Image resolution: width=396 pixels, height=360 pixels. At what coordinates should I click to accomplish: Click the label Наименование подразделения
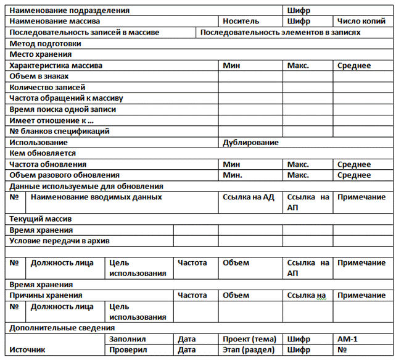[70, 10]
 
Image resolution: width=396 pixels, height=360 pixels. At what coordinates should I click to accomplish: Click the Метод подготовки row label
[45, 43]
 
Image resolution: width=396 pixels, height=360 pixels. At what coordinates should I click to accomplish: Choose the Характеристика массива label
[56, 65]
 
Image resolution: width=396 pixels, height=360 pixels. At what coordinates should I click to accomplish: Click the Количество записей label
[47, 87]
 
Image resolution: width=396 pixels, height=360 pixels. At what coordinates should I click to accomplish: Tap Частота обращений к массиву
[67, 98]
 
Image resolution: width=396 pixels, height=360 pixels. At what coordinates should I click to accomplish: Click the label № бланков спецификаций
[60, 131]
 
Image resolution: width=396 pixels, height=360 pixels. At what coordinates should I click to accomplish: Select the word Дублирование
[250, 142]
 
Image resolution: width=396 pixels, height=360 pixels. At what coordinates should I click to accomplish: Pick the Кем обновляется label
[43, 153]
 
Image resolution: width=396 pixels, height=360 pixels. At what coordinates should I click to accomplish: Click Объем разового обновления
[65, 175]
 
